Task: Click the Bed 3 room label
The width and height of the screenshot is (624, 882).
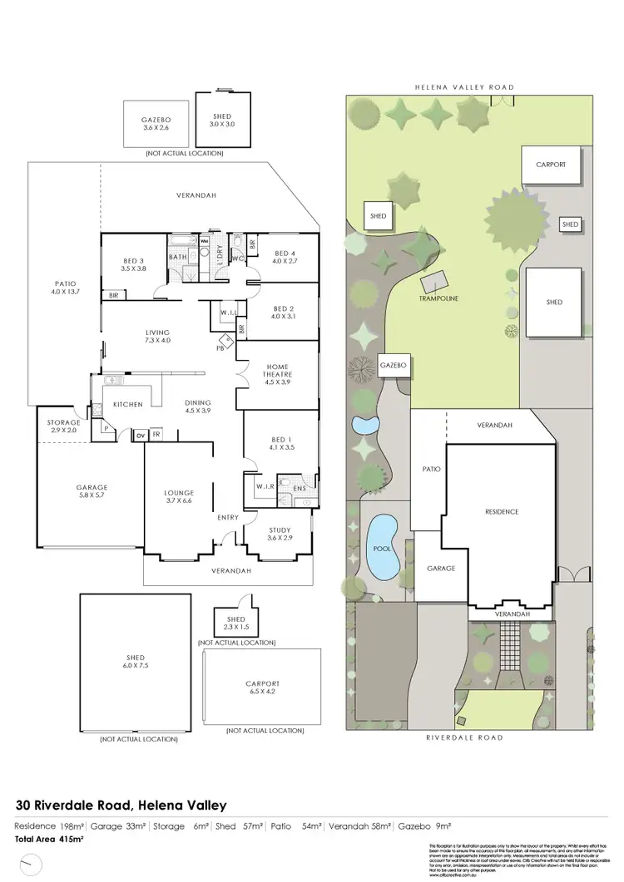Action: [132, 263]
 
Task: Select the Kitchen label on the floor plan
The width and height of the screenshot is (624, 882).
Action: [128, 405]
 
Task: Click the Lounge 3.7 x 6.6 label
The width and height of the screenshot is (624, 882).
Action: [179, 497]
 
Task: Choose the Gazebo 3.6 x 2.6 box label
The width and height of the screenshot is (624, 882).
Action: [156, 124]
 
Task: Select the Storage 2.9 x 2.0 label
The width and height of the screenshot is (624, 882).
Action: [64, 426]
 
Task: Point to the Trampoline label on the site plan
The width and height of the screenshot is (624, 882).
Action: [440, 298]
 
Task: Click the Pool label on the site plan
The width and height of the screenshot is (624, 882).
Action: [384, 549]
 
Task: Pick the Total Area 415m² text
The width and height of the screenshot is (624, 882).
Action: [49, 840]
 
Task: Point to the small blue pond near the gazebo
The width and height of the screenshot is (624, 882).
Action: [364, 426]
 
